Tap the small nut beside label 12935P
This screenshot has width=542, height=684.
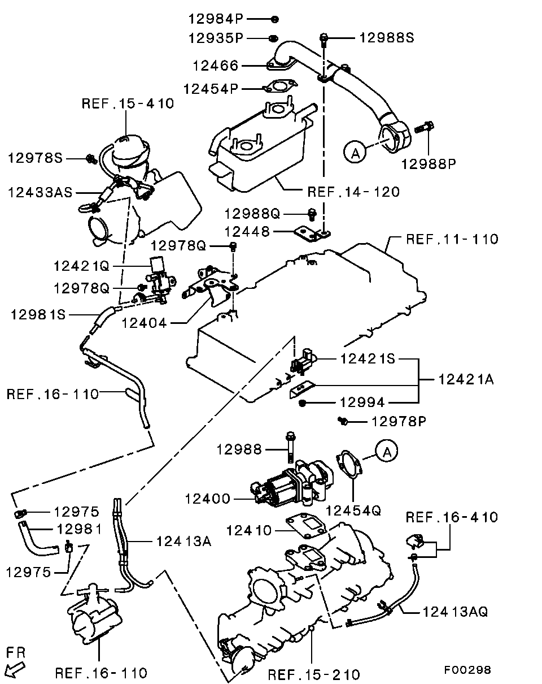[272, 38]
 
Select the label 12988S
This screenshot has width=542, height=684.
[387, 38]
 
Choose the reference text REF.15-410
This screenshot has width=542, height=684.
[128, 103]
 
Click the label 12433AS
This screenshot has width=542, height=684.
[40, 192]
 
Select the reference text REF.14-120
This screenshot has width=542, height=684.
[353, 192]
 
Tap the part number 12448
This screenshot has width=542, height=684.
[247, 232]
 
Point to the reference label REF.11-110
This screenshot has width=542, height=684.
[452, 239]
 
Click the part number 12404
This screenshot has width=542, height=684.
[145, 323]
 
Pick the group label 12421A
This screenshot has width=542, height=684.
[466, 380]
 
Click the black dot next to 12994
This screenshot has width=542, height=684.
[303, 402]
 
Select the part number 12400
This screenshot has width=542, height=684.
[207, 499]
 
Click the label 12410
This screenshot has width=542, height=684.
[248, 531]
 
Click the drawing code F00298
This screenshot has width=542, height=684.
[467, 670]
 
